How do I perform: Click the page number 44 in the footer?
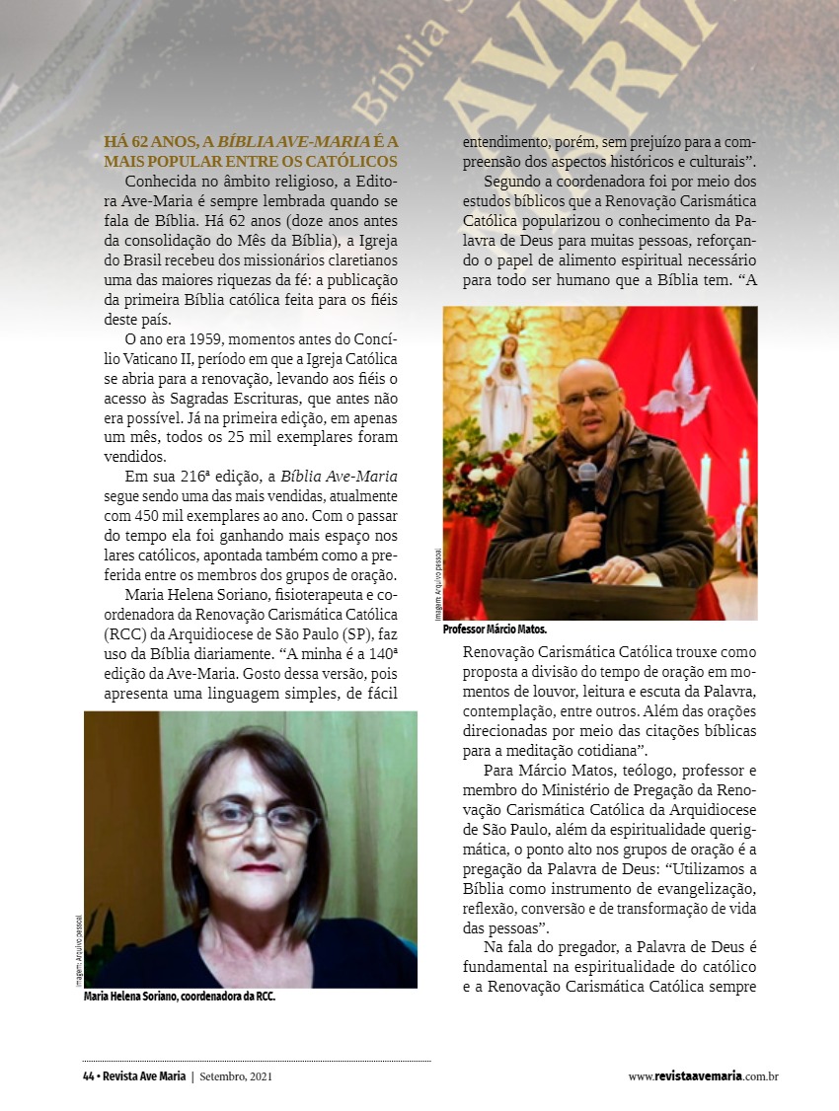[89, 1076]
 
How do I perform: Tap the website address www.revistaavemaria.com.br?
[703, 1076]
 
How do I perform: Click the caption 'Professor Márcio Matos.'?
[495, 629]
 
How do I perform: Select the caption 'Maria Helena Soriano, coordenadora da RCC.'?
[180, 997]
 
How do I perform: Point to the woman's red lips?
[260, 868]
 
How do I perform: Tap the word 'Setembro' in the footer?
[222, 1076]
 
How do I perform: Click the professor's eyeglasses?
[589, 397]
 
